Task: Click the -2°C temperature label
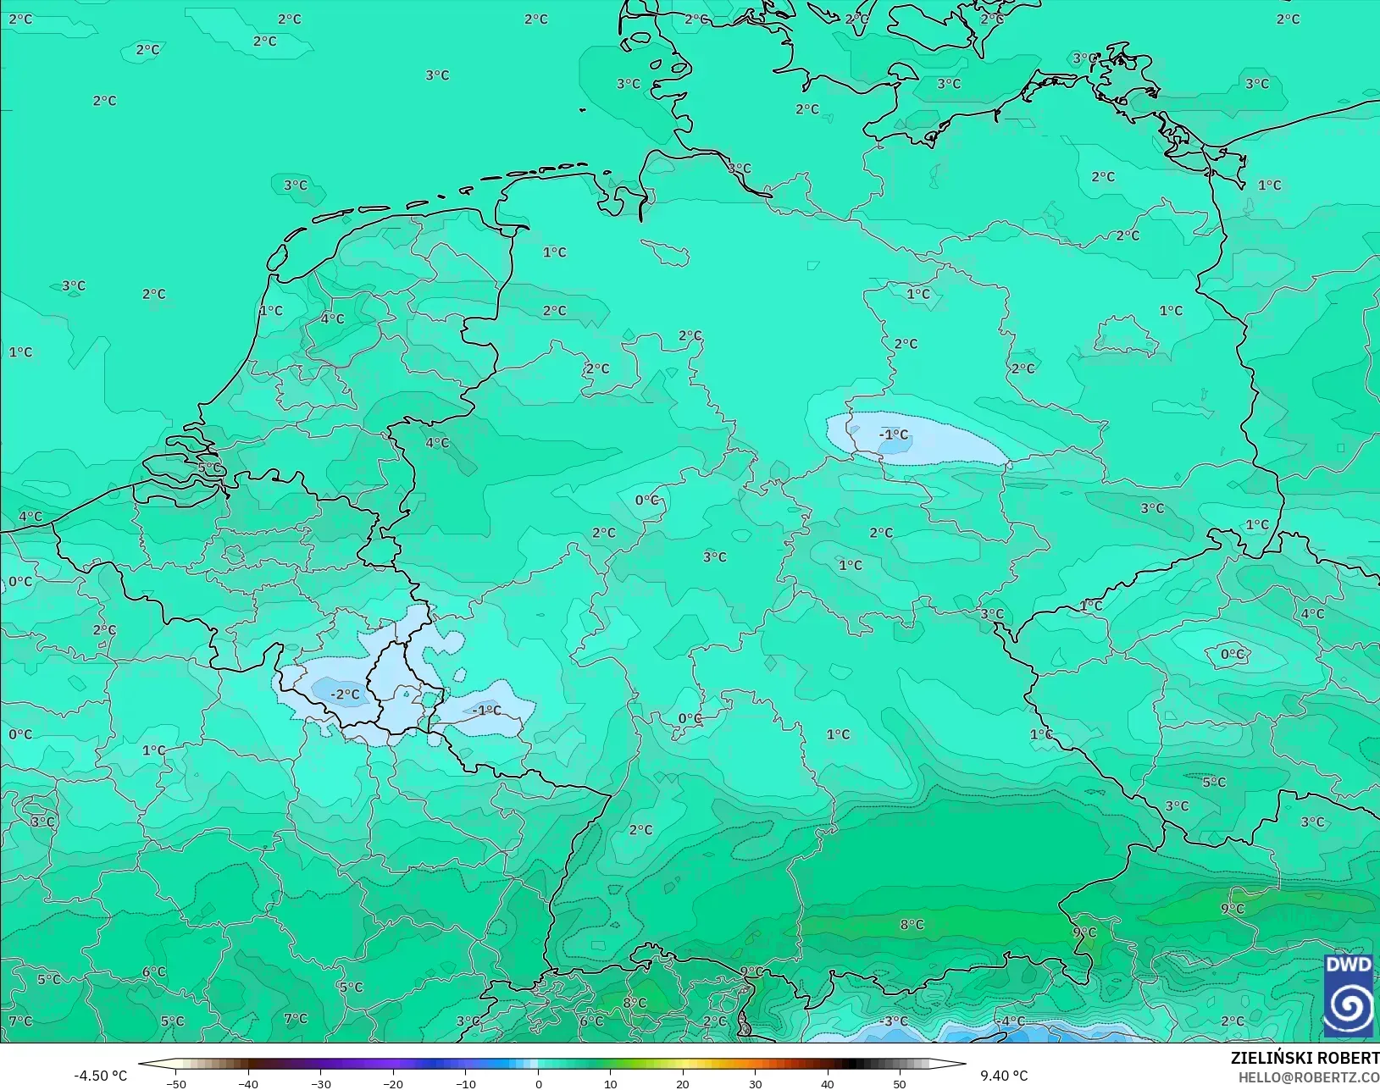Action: coord(345,694)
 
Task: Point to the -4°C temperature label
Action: coord(1009,1021)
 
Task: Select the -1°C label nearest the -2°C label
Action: coord(486,710)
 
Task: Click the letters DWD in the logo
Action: coord(1349,966)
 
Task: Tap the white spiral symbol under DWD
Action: coord(1349,1005)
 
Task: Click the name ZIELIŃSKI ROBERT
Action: coord(1305,1058)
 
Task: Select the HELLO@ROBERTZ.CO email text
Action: coord(1309,1077)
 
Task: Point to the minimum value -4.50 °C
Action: coord(100,1076)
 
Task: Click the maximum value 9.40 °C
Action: coord(1004,1076)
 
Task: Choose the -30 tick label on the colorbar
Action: coord(320,1083)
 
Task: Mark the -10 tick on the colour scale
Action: coord(465,1083)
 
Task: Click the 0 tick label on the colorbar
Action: coord(539,1083)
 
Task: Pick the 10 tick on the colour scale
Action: coord(610,1083)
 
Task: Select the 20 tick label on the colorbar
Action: coord(683,1083)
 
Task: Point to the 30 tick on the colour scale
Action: coord(755,1083)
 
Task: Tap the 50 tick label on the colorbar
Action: coord(900,1083)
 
